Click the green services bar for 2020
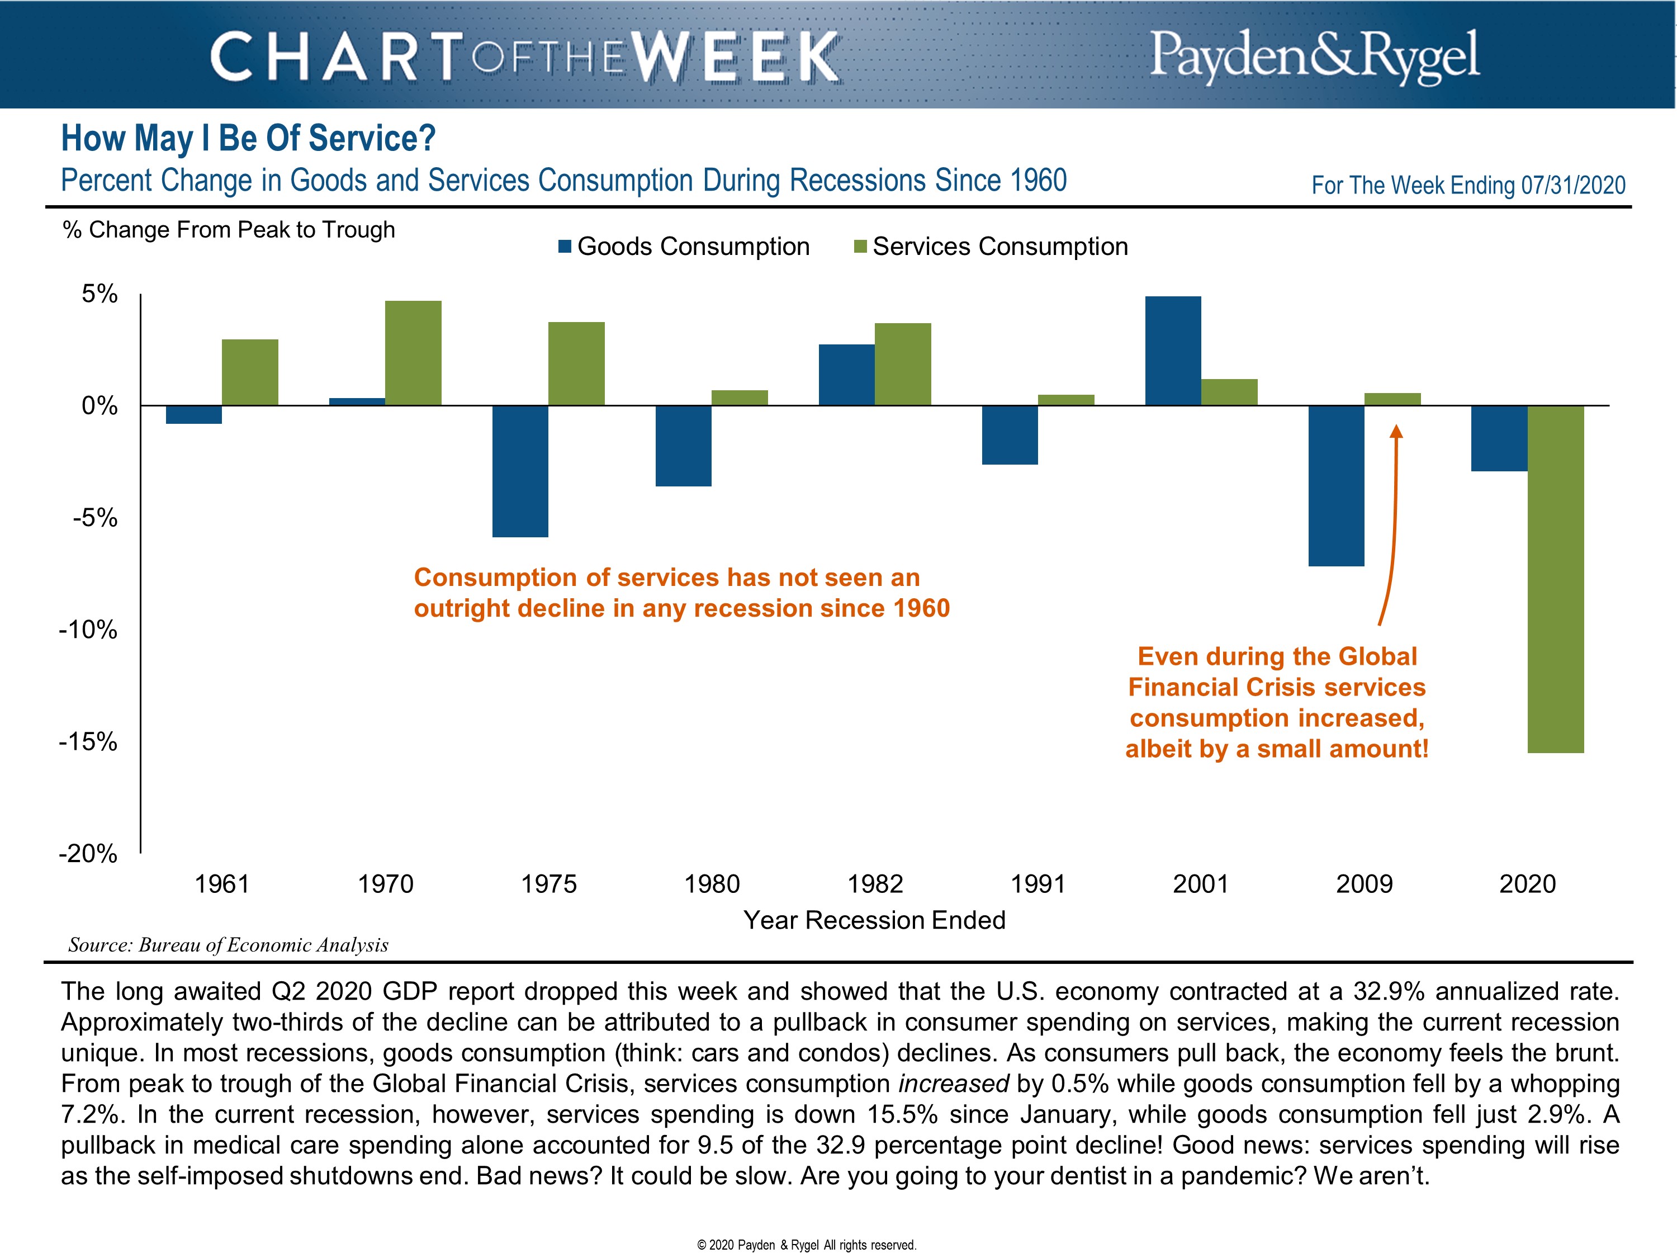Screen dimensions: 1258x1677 tap(1555, 579)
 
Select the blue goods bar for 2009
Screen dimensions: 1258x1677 tap(1336, 485)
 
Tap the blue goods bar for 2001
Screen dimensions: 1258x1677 tap(1173, 351)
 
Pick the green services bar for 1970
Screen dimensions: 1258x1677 tap(413, 353)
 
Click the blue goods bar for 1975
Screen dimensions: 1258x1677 tap(520, 471)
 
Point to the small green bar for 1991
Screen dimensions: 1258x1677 tap(1066, 400)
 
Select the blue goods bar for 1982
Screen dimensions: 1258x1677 tap(846, 375)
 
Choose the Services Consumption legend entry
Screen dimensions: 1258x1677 tap(991, 247)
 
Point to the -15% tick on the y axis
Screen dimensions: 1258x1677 tap(89, 741)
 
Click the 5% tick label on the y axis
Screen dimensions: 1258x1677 tap(100, 294)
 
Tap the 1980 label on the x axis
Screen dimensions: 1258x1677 tap(712, 884)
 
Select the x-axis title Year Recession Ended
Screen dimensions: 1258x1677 tap(874, 920)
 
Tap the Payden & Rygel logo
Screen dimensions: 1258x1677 tap(1314, 55)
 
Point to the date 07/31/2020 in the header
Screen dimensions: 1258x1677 tap(1573, 185)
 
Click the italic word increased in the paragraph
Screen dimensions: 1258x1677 tap(953, 1084)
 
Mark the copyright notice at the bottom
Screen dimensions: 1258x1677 tap(807, 1245)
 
